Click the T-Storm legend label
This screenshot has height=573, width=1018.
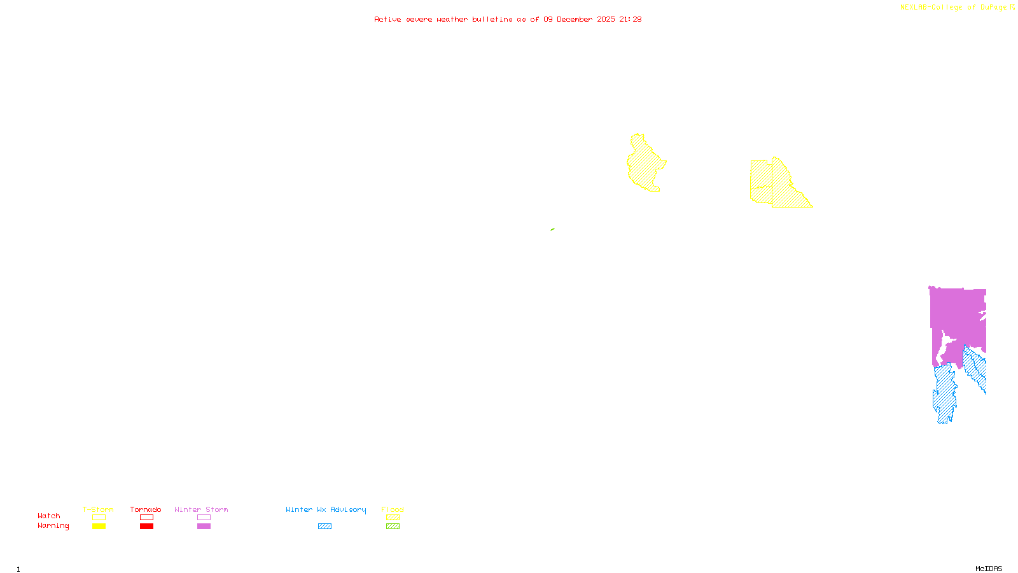[x=98, y=509]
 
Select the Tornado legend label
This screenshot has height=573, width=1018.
[x=146, y=509]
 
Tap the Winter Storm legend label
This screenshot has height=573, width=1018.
[x=201, y=509]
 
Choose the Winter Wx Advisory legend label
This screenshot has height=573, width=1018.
[x=326, y=509]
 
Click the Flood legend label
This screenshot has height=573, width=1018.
[x=393, y=509]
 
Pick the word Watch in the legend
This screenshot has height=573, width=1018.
[x=49, y=516]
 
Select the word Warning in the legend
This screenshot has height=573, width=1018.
[x=53, y=526]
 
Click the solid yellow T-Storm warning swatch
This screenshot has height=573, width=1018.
[x=99, y=527]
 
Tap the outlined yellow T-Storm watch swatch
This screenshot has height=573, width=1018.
[x=99, y=518]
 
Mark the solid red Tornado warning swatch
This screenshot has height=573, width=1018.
[x=146, y=527]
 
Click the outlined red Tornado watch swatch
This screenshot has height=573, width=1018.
[x=146, y=518]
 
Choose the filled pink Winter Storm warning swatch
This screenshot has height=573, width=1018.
[x=204, y=527]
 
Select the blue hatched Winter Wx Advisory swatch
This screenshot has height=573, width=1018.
[x=324, y=527]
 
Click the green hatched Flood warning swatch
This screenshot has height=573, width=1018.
[x=393, y=527]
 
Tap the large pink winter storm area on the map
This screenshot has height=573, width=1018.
[x=958, y=315]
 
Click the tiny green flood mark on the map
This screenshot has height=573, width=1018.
[x=552, y=229]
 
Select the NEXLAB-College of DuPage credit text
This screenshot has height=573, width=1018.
[x=954, y=8]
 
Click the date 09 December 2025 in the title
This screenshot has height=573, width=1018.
[x=579, y=19]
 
